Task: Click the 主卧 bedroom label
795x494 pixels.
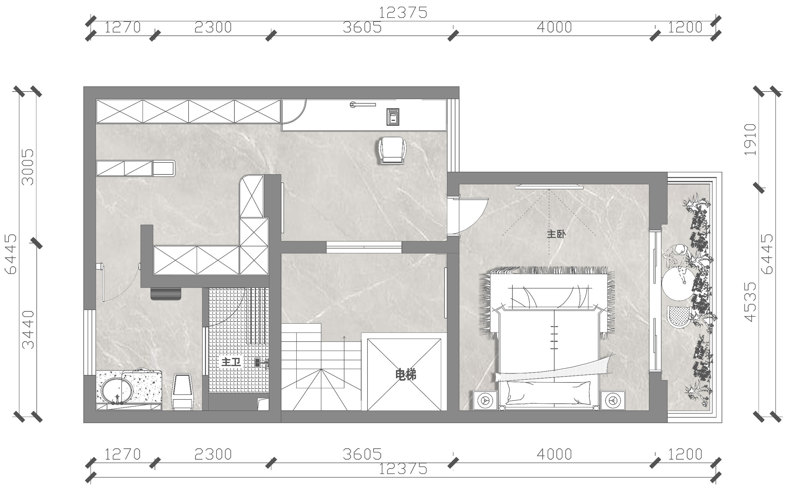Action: [556, 234]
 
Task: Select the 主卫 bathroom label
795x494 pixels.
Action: [231, 362]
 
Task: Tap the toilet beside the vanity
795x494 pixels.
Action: [183, 392]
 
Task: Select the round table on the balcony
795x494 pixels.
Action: [678, 284]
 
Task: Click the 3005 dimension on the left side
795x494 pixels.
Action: [28, 167]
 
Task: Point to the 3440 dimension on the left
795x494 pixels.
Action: [28, 330]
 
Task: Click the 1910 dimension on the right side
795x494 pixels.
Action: [750, 140]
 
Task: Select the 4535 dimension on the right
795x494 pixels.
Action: [750, 302]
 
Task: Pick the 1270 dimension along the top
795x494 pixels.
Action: [122, 28]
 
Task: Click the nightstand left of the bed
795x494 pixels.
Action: [485, 400]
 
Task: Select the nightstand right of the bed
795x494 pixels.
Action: [612, 400]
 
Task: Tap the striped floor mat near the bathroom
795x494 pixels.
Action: [166, 294]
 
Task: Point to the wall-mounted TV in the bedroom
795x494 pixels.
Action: [549, 187]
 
